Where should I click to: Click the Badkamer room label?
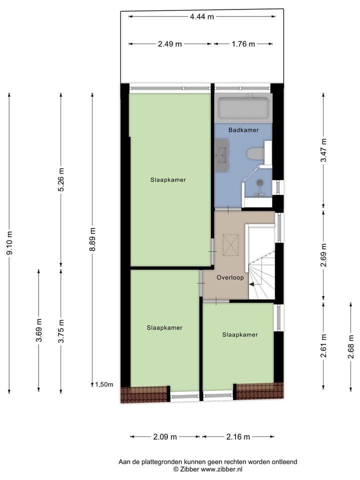tap(243, 130)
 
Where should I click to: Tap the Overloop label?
tap(229, 277)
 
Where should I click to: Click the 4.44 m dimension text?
tap(201, 16)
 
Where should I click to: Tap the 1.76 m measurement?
tap(243, 44)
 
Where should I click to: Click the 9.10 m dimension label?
tap(9, 242)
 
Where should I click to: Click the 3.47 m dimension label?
tap(324, 149)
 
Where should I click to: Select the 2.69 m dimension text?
tap(324, 254)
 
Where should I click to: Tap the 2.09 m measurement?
tap(165, 437)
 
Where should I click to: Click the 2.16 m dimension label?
tap(238, 437)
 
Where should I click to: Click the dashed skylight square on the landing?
tap(231, 245)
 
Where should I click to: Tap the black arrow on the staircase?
tap(252, 284)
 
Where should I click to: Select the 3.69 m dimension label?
tap(39, 330)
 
